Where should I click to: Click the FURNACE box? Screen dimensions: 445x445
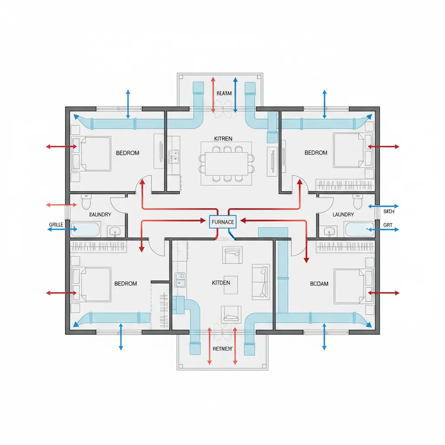(222, 222)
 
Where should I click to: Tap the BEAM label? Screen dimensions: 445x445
(224, 93)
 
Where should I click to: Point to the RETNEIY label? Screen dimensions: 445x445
(222, 349)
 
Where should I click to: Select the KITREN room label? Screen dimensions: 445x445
(223, 139)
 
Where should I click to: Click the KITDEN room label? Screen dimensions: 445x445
(221, 283)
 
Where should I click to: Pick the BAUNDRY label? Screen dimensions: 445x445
(100, 215)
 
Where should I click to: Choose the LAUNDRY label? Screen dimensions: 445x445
(343, 215)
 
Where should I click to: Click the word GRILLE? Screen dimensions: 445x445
(56, 224)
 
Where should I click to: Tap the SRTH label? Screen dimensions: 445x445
(389, 212)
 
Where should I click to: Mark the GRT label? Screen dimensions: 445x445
(388, 225)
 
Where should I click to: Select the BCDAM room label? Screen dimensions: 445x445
(319, 283)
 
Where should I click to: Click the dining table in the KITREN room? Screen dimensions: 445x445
(224, 163)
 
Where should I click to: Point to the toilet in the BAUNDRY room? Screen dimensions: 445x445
(86, 202)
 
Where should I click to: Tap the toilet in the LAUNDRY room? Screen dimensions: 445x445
(358, 202)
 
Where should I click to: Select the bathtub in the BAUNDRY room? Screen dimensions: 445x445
(85, 229)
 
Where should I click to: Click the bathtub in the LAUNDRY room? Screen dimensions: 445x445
(359, 229)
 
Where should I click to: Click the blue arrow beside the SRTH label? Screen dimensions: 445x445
(383, 206)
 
